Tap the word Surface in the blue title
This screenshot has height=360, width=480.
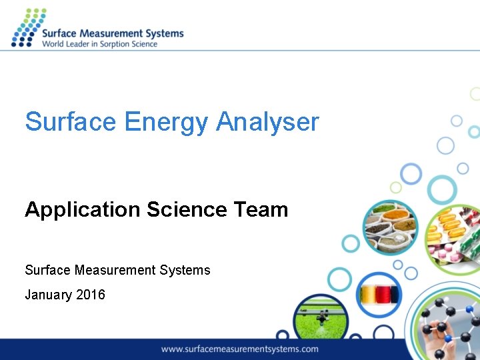(x=71, y=122)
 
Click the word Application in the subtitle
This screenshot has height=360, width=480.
(x=83, y=210)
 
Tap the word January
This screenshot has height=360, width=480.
(x=47, y=295)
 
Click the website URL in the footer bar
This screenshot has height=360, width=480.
(x=240, y=349)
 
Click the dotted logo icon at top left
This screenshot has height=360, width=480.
(x=27, y=28)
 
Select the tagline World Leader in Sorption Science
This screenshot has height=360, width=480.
(x=100, y=44)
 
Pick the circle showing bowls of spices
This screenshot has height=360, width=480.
(x=391, y=227)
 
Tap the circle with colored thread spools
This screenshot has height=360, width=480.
(x=378, y=293)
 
